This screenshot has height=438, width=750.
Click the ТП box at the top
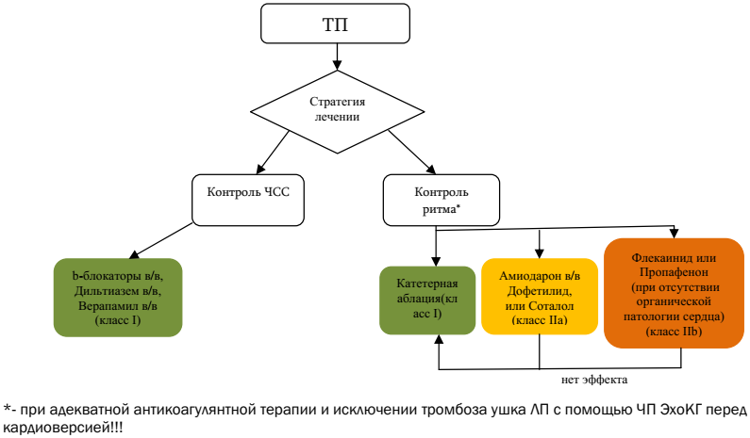tap(336, 25)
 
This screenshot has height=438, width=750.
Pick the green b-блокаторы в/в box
tap(118, 298)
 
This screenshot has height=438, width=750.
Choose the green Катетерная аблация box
tap(425, 300)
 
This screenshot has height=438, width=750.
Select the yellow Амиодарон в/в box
tap(539, 296)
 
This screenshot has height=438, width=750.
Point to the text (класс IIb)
tap(675, 333)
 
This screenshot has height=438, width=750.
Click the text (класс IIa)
tap(539, 321)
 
